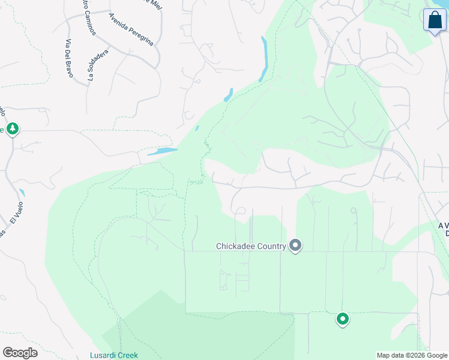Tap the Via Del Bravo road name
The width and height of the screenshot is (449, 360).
coord(68,58)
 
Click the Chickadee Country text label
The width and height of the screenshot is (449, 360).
coord(252,246)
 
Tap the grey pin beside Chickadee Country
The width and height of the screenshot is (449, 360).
coord(295,245)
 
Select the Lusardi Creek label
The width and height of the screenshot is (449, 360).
coord(114,355)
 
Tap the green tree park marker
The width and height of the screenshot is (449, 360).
coord(13,129)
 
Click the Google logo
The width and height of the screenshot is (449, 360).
coord(20,353)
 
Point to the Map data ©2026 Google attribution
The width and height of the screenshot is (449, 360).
coord(412,355)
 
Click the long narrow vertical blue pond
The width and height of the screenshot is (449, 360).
coord(263,59)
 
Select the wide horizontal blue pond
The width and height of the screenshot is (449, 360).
coord(162,151)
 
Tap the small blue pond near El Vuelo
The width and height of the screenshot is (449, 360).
coord(22,193)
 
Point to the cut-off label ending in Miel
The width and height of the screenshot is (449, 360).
coord(155,3)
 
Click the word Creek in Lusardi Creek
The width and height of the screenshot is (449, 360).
coord(127,355)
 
